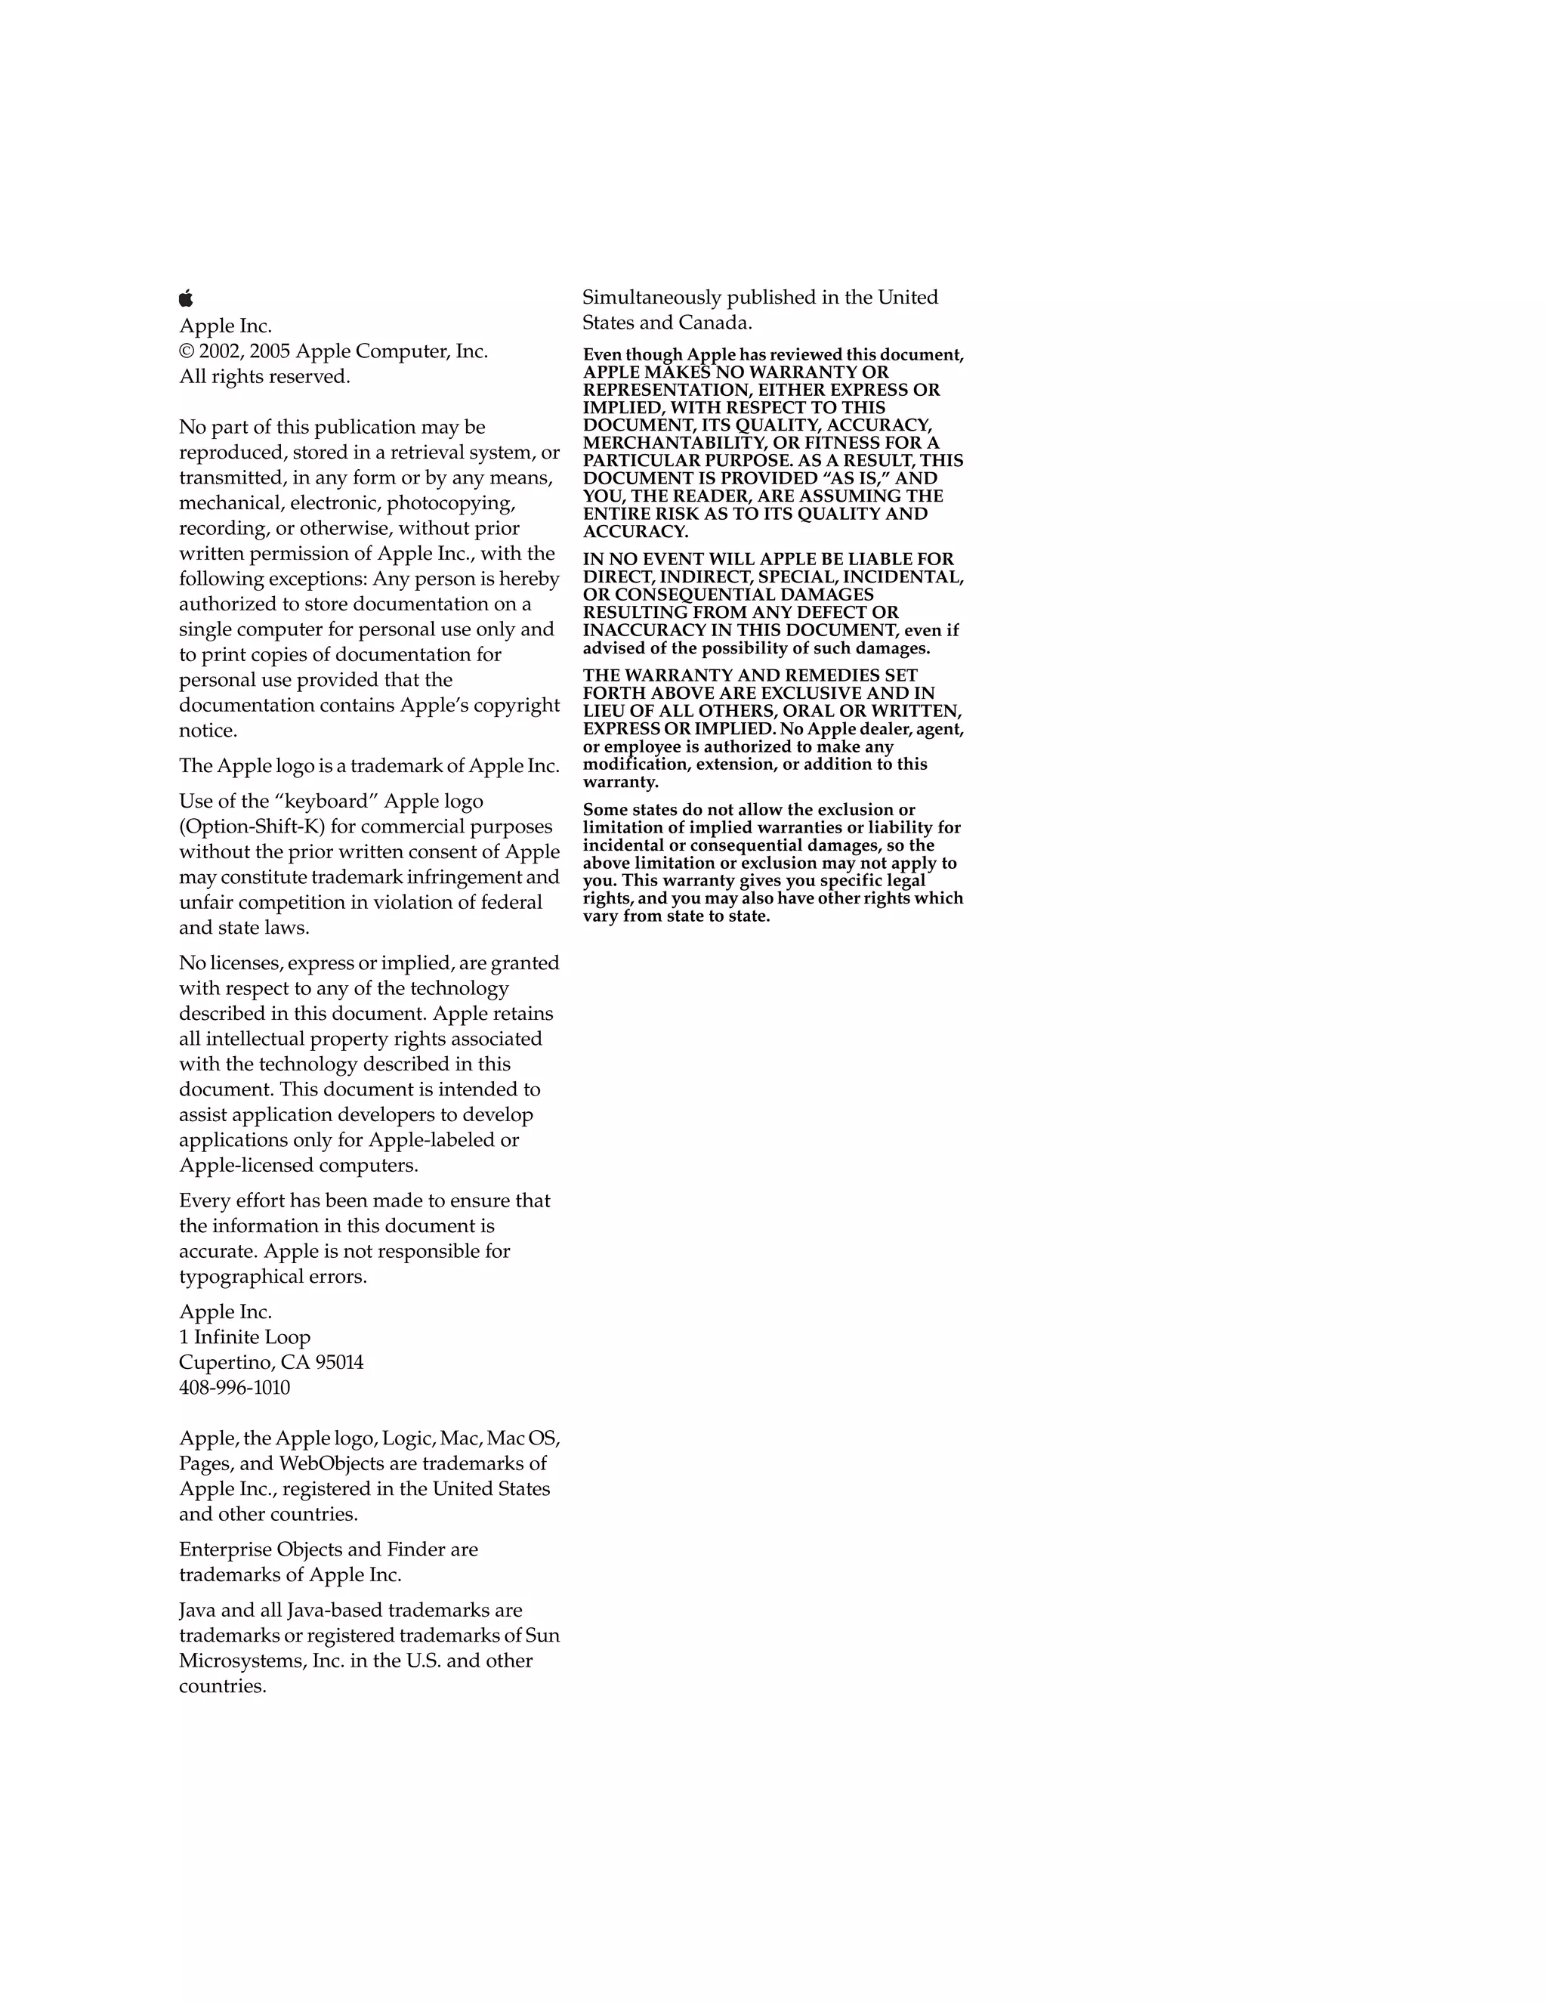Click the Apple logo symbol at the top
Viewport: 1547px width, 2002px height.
[x=186, y=298]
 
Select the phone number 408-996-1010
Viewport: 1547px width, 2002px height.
[x=235, y=1388]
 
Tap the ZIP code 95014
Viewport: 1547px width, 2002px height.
[x=339, y=1362]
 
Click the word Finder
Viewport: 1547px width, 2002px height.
[x=416, y=1550]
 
